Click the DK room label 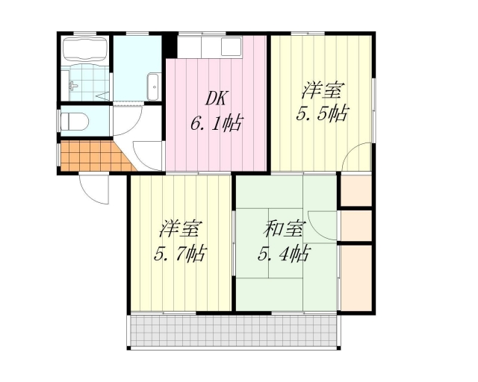215,98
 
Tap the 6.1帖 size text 217,123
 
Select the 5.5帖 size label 322,113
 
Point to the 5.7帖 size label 180,254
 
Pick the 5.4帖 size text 284,254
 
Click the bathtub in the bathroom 84,48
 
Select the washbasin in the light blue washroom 152,87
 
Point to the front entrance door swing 93,189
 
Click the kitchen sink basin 231,46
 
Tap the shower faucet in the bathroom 73,87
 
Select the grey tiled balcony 234,331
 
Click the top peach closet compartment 356,191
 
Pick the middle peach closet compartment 356,226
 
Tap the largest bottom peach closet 356,278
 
